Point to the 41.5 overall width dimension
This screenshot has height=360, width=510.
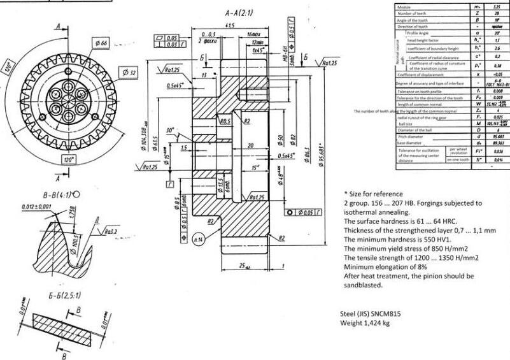tap(230, 25)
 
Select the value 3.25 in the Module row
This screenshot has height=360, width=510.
tap(497, 6)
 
